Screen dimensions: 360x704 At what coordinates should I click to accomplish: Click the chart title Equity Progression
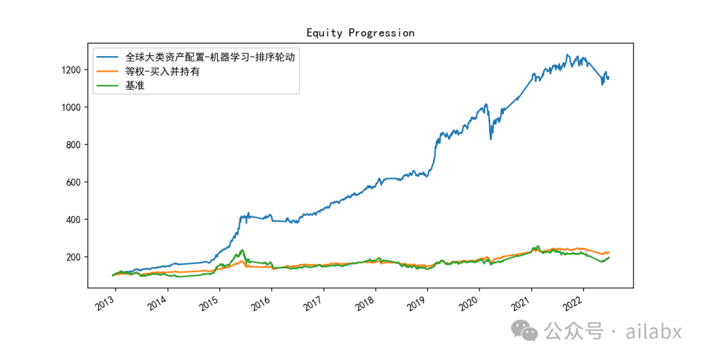tap(360, 33)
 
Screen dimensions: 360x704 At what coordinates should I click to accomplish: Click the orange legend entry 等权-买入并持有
tap(162, 71)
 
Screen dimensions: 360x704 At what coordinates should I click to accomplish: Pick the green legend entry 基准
tap(135, 85)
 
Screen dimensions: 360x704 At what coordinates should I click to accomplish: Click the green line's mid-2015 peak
tap(242, 250)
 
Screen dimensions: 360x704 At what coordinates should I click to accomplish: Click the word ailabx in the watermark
tap(653, 331)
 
